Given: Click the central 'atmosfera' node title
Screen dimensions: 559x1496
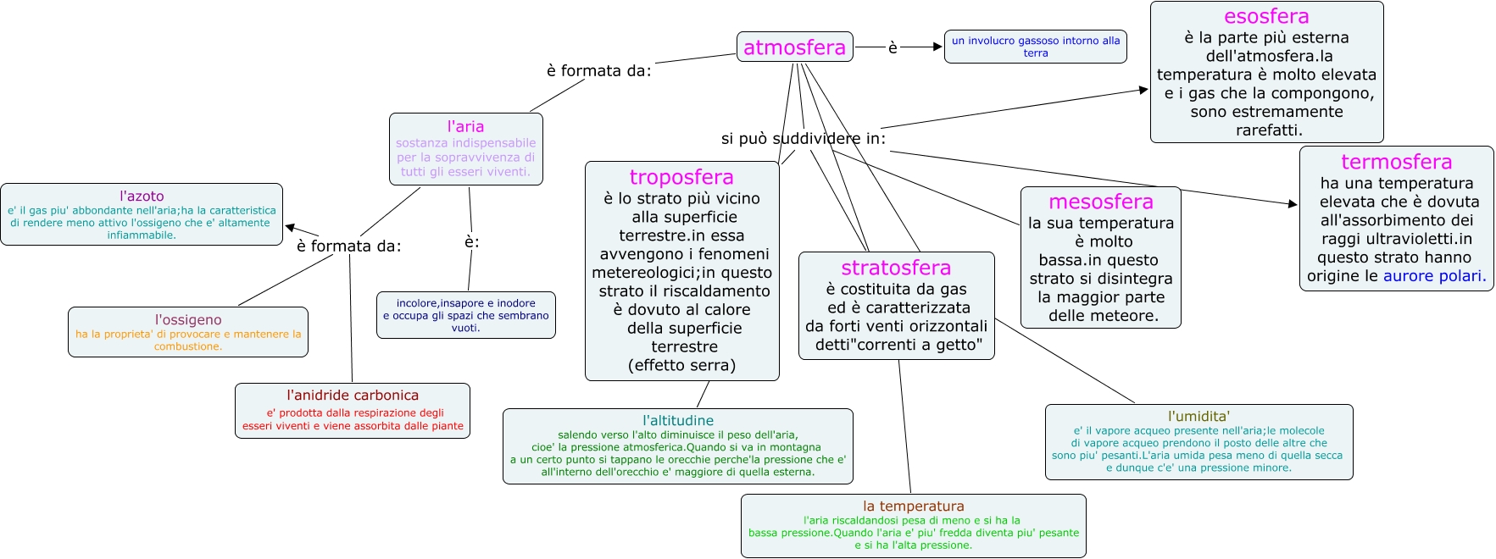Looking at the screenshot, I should coord(794,47).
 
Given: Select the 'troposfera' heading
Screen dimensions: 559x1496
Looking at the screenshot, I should coord(681,177).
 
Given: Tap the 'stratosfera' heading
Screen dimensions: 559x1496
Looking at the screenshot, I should coord(896,268).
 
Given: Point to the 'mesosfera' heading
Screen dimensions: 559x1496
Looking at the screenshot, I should coord(1100,202).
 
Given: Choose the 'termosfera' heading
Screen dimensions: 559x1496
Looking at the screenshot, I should coord(1396,162).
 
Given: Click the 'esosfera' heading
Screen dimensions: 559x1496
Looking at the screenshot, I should coord(1266,16).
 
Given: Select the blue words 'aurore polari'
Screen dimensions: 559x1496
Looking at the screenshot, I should coord(1434,276).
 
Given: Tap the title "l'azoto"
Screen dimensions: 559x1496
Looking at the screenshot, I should coord(142,196).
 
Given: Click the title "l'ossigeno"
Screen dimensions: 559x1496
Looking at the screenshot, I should coord(188,319).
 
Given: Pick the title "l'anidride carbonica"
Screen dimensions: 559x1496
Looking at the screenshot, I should coord(353,395).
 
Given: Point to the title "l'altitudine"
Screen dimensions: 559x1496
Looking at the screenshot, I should coord(678,420).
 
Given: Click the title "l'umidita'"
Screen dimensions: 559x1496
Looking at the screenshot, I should coord(1198,416).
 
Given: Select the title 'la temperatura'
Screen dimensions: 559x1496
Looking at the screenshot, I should coord(914,506).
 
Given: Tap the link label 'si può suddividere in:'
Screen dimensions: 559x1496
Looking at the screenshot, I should coord(803,138).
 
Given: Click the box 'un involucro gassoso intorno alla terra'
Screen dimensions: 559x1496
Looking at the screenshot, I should coord(1035,47).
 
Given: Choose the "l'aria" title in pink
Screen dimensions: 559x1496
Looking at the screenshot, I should coord(465,126).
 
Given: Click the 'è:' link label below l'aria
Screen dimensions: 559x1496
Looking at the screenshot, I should coord(472,242).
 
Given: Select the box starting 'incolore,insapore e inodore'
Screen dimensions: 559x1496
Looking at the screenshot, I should coord(465,315).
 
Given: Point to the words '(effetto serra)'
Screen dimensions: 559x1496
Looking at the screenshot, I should coord(681,365).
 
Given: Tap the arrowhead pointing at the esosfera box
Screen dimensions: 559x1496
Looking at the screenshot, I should coord(1143,89).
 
